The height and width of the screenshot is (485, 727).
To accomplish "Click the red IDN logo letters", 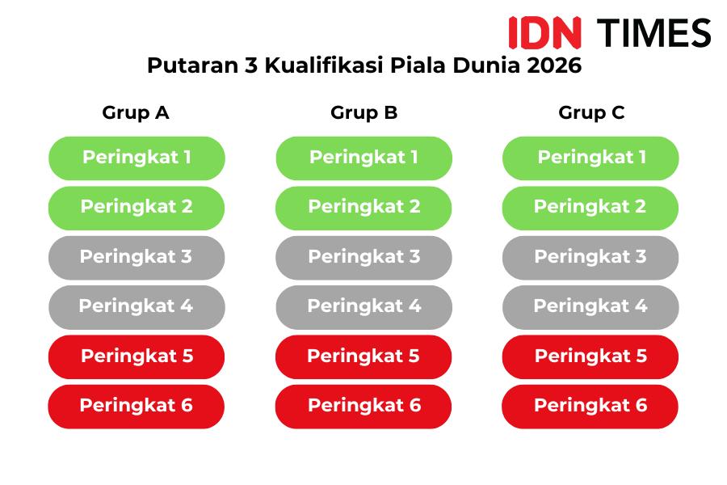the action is [544, 32].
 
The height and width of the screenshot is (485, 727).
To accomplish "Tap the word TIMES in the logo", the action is [653, 32].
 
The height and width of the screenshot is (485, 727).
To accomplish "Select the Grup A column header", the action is [136, 113].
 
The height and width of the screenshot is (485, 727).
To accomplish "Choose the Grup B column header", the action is [364, 113].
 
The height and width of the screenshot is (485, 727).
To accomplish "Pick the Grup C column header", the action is [591, 113].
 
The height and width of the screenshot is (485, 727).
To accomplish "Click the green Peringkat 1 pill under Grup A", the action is [137, 158].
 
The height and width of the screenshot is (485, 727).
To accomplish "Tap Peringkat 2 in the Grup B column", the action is [363, 208].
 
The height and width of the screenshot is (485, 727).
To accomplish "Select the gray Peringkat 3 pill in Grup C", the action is [590, 258].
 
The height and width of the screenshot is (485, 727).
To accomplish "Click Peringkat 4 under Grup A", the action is [137, 307].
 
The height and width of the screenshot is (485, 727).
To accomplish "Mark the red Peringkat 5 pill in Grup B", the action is [363, 357].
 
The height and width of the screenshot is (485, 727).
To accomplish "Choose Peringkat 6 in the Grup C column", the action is [590, 407].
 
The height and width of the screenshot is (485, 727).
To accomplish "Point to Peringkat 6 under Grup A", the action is [137, 407].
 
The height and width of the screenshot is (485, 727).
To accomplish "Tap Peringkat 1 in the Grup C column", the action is [590, 158].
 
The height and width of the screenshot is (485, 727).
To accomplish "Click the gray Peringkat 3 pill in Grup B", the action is [364, 258].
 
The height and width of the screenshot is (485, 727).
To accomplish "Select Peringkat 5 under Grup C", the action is [590, 357].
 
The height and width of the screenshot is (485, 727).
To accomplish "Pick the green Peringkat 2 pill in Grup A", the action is [137, 208].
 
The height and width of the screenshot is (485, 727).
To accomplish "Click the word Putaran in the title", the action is [193, 65].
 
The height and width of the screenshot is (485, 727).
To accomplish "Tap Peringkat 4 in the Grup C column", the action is [590, 307].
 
